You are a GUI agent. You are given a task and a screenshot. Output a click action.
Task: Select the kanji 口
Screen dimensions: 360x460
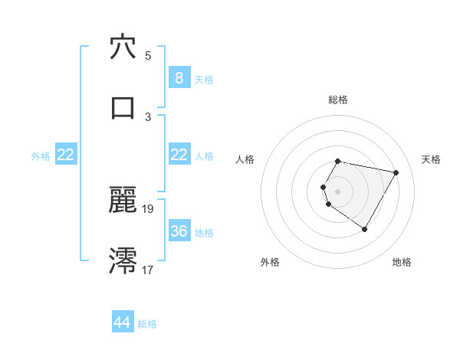click(x=123, y=107)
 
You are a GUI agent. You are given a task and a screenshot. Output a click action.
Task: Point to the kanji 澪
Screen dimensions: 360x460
click(x=123, y=260)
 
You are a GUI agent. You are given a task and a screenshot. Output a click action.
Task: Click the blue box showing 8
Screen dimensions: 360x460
click(x=179, y=78)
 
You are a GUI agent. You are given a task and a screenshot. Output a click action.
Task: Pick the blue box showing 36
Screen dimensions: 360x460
click(x=179, y=231)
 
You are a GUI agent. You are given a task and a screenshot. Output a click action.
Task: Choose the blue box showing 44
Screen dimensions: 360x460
click(x=123, y=323)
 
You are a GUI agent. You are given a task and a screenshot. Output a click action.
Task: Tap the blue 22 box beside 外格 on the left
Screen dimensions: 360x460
click(x=65, y=155)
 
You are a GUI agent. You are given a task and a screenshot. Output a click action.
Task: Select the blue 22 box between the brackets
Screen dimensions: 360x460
click(x=179, y=155)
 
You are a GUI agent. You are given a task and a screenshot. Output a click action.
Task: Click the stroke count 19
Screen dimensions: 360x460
click(x=148, y=209)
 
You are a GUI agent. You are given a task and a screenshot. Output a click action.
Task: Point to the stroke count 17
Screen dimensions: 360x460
click(x=148, y=270)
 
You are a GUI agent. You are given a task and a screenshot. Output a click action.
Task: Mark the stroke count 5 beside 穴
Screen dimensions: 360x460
click(x=148, y=56)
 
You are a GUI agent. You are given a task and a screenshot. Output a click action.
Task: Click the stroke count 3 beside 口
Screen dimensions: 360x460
click(x=148, y=116)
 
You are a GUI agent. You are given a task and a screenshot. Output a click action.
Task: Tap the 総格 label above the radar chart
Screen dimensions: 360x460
click(x=338, y=100)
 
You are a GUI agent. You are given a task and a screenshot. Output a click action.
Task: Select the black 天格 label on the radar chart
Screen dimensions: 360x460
click(x=431, y=159)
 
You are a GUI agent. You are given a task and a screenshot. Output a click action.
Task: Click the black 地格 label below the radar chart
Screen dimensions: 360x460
click(x=402, y=262)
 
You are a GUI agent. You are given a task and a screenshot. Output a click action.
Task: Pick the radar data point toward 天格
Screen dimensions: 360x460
click(x=396, y=173)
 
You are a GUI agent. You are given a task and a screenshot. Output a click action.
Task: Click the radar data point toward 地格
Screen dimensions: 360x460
click(x=364, y=229)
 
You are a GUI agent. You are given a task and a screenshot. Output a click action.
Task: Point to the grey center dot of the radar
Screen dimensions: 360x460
click(x=338, y=191)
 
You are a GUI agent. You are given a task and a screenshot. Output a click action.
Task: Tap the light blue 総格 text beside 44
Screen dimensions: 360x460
click(x=147, y=324)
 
